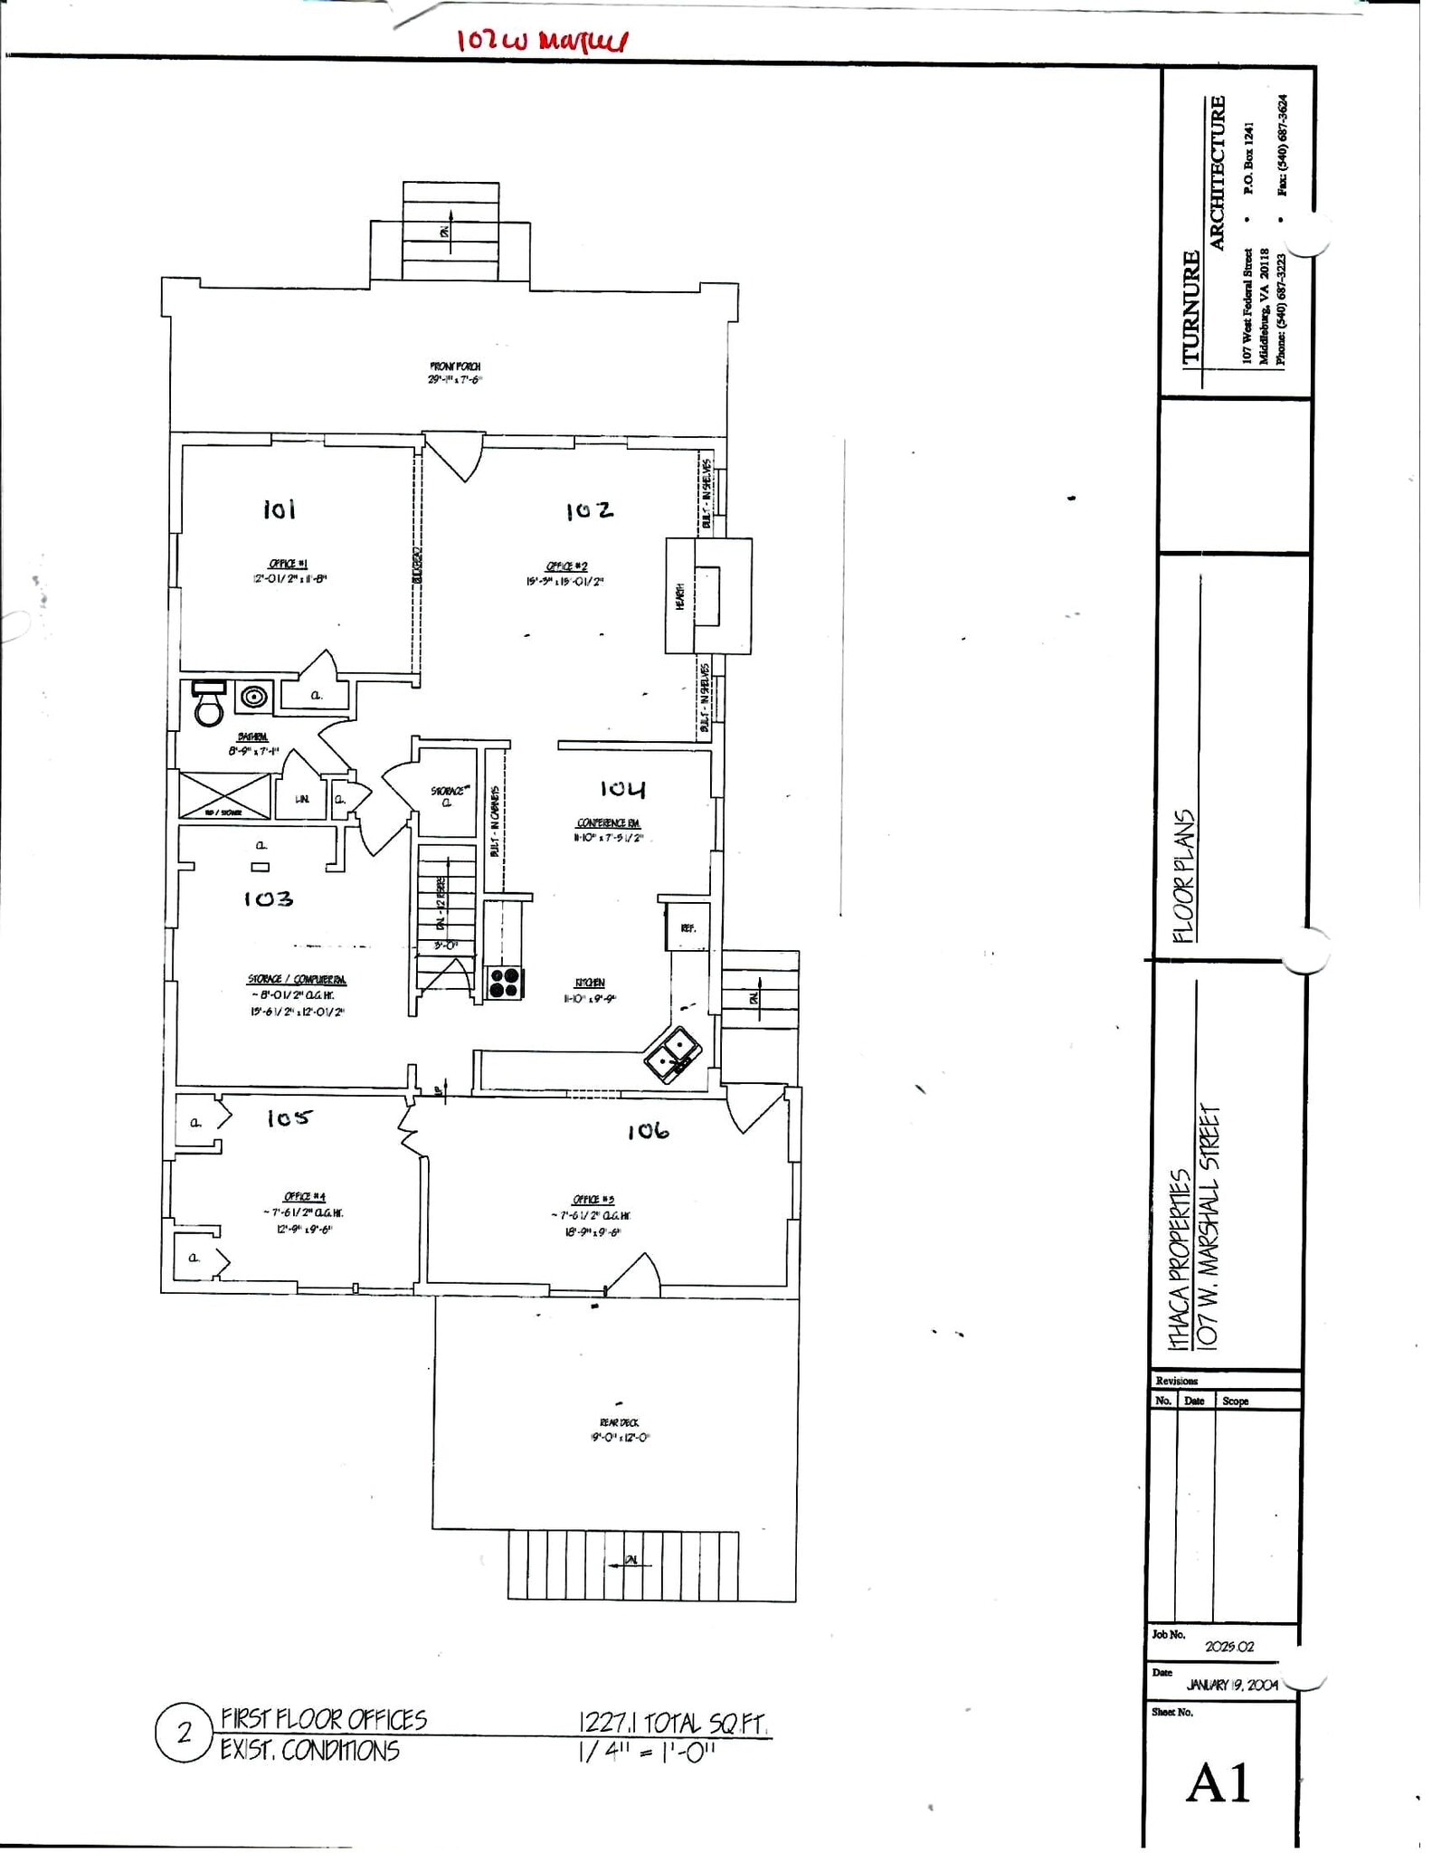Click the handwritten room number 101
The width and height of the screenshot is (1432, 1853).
pyautogui.click(x=280, y=512)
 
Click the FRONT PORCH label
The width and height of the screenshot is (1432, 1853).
pyautogui.click(x=458, y=369)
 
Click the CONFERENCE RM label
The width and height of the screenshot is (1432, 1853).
pyautogui.click(x=612, y=830)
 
